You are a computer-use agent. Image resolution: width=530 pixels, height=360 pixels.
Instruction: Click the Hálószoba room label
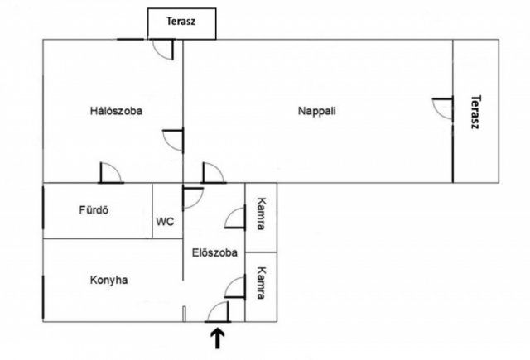point(116,112)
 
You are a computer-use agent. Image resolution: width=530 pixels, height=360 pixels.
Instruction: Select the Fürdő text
point(94,209)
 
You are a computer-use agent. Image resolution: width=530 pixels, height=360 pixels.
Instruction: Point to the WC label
point(165,222)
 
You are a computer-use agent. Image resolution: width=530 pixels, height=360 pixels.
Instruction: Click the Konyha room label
point(108,280)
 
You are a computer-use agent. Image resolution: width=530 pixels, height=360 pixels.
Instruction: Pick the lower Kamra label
point(261,284)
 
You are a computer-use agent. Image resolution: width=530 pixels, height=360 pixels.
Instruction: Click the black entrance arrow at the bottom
point(219,338)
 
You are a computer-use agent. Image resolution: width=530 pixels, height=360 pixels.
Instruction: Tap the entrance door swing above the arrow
point(217,311)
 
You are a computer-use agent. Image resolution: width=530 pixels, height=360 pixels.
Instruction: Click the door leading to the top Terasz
point(162,50)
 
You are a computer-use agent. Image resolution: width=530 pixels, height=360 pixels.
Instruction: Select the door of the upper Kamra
point(234,218)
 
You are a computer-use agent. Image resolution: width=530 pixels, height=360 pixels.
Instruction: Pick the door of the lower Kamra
point(234,287)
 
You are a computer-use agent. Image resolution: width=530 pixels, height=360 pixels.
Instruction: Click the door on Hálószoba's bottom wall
point(110,173)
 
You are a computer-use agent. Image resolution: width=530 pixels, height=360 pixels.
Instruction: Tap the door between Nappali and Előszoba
point(212,173)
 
